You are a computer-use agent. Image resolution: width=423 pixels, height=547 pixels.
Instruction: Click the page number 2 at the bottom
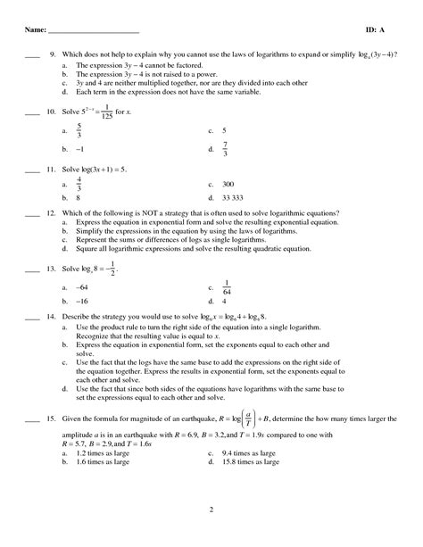211,510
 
